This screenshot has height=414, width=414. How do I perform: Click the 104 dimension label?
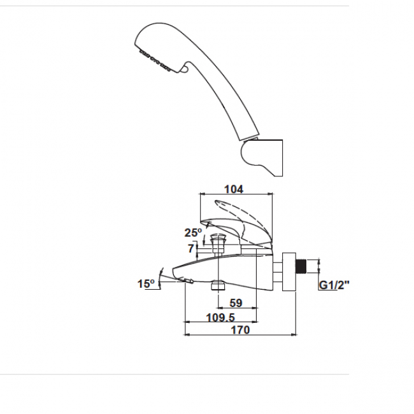(234, 189)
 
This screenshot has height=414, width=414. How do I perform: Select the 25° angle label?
(193, 232)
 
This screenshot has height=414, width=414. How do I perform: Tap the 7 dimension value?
(191, 248)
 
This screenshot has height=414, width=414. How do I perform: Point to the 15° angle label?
(146, 284)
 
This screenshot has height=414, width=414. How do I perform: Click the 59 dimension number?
(236, 303)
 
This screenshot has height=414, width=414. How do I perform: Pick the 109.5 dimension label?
(220, 317)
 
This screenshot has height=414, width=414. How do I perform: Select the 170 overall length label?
(240, 330)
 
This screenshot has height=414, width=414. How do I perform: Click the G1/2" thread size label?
(334, 285)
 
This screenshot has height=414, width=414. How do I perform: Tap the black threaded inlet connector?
(301, 266)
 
